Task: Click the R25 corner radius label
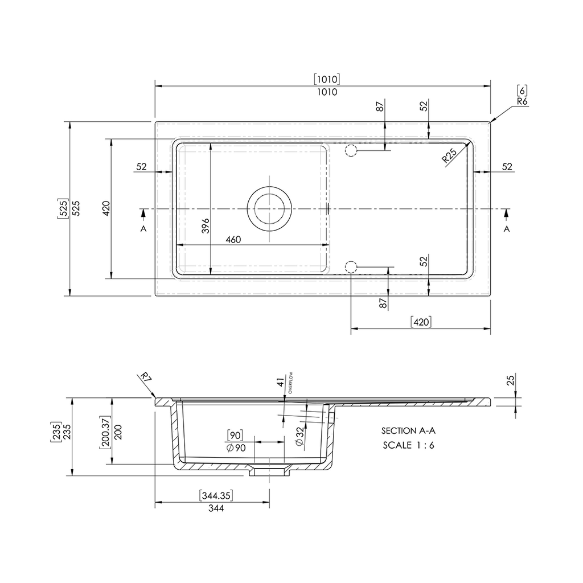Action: click(449, 156)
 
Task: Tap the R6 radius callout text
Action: click(523, 101)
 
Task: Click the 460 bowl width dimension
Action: click(233, 240)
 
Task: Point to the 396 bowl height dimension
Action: click(206, 225)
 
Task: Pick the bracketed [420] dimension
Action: click(421, 322)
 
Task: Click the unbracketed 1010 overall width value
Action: click(327, 92)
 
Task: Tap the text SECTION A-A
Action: click(408, 430)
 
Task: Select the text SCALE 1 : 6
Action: click(408, 445)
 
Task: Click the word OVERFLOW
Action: click(290, 383)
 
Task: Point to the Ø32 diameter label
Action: click(299, 437)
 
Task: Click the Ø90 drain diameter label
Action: click(236, 448)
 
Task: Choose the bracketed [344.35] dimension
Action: click(216, 496)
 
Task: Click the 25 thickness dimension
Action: click(511, 380)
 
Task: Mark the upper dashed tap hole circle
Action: click(351, 150)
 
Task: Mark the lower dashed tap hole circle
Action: click(351, 267)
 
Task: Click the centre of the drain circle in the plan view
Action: click(269, 208)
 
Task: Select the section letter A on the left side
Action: click(143, 229)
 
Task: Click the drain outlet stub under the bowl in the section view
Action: click(269, 472)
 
